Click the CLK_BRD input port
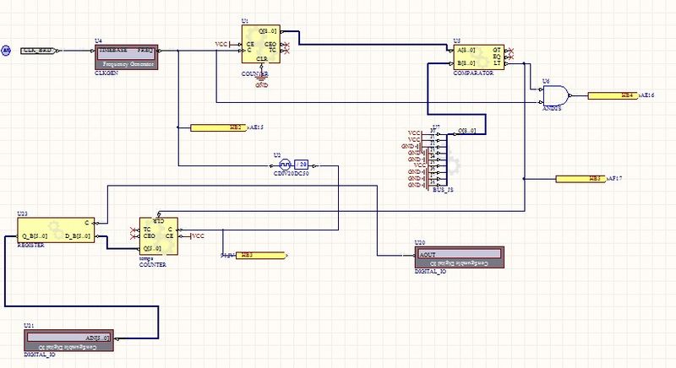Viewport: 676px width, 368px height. (38, 51)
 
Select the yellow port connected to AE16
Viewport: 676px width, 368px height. (613, 96)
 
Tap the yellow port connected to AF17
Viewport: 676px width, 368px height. (579, 179)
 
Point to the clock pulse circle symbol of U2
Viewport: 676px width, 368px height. (285, 165)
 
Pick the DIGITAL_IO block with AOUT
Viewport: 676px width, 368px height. (458, 257)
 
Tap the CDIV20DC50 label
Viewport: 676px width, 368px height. (292, 173)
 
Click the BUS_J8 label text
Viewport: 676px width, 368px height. (443, 192)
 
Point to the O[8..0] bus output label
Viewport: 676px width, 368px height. (468, 131)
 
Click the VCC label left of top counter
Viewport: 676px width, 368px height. (221, 44)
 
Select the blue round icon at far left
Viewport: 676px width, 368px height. (5, 51)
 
